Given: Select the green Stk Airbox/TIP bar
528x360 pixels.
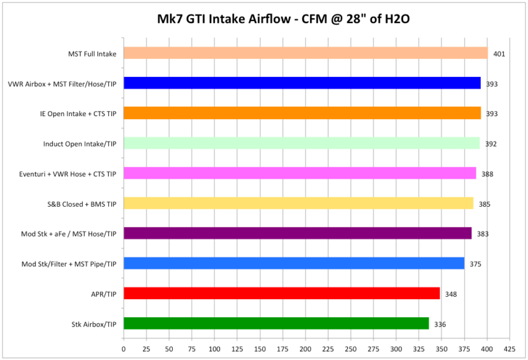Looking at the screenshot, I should click(276, 323).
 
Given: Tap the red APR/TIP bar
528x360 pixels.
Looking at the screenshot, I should click(281, 293).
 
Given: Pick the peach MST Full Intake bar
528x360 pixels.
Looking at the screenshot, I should click(306, 53).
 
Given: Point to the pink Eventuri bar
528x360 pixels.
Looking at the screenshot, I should click(299, 173).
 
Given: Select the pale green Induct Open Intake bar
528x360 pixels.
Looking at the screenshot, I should click(301, 143).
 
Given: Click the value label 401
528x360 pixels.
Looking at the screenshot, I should click(499, 54).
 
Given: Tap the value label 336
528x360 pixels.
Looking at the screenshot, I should click(440, 324).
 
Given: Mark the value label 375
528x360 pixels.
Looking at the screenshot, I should click(475, 264).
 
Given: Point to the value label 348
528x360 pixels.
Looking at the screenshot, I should click(450, 294).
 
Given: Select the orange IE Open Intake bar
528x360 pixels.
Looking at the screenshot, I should click(302, 113).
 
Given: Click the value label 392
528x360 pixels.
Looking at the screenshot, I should click(491, 144).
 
